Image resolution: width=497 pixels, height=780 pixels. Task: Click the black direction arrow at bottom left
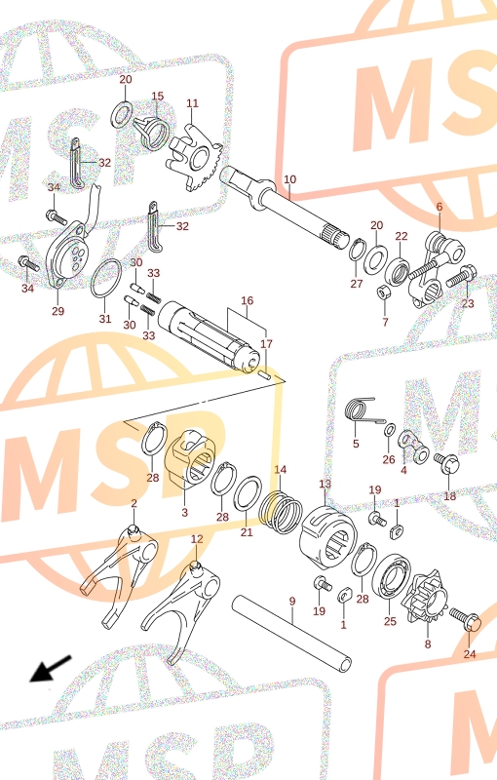(51, 669)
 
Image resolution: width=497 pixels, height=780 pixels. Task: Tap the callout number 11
(192, 103)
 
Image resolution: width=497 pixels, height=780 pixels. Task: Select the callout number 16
(247, 300)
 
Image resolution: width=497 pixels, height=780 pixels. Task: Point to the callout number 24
(470, 653)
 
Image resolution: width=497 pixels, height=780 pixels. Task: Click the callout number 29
(58, 311)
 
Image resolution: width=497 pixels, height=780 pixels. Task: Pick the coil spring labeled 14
(282, 513)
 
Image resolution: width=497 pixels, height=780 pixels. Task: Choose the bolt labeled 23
(461, 277)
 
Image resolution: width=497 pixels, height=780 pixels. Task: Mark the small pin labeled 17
(265, 373)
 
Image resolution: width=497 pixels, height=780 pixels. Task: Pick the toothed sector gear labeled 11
(195, 158)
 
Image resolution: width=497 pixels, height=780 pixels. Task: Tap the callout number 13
(325, 484)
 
